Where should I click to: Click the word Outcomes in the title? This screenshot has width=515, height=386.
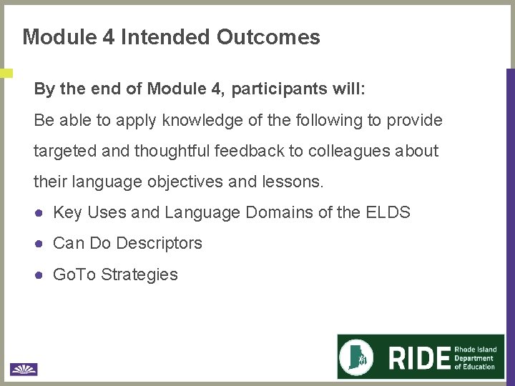pyautogui.click(x=268, y=37)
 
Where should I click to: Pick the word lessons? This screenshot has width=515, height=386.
pyautogui.click(x=294, y=182)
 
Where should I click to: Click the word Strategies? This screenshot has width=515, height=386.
pyautogui.click(x=139, y=274)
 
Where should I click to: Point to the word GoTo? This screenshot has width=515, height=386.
pyautogui.click(x=74, y=274)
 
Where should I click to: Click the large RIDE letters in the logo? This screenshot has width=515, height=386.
pyautogui.click(x=420, y=357)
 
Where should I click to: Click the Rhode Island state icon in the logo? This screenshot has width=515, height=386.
pyautogui.click(x=360, y=357)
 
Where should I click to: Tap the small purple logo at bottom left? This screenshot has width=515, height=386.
pyautogui.click(x=24, y=369)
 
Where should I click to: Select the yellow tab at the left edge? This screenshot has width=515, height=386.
pyautogui.click(x=6, y=73)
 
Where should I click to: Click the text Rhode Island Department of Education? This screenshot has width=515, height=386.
pyautogui.click(x=475, y=358)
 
